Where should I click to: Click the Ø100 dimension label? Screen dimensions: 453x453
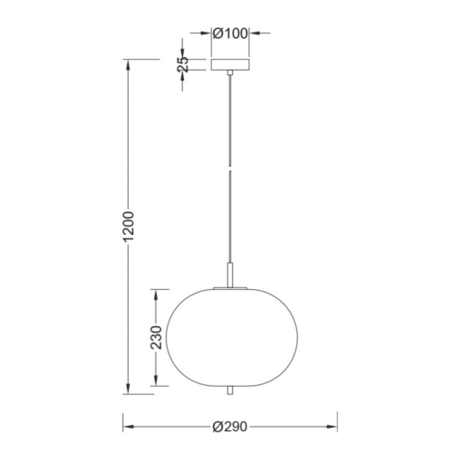tap(230, 34)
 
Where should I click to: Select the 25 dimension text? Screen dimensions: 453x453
tap(183, 64)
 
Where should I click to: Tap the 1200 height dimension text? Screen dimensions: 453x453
tap(129, 226)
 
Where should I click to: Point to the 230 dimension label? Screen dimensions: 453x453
tap(157, 337)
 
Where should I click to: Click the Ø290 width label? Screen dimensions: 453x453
tap(230, 427)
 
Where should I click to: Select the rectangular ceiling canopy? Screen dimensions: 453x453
tap(230, 64)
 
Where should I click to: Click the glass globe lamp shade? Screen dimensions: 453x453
tap(232, 337)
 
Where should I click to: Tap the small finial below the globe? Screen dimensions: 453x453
tap(230, 390)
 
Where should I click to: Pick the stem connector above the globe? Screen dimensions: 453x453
tap(230, 275)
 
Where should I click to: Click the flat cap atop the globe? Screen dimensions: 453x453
tap(230, 288)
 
